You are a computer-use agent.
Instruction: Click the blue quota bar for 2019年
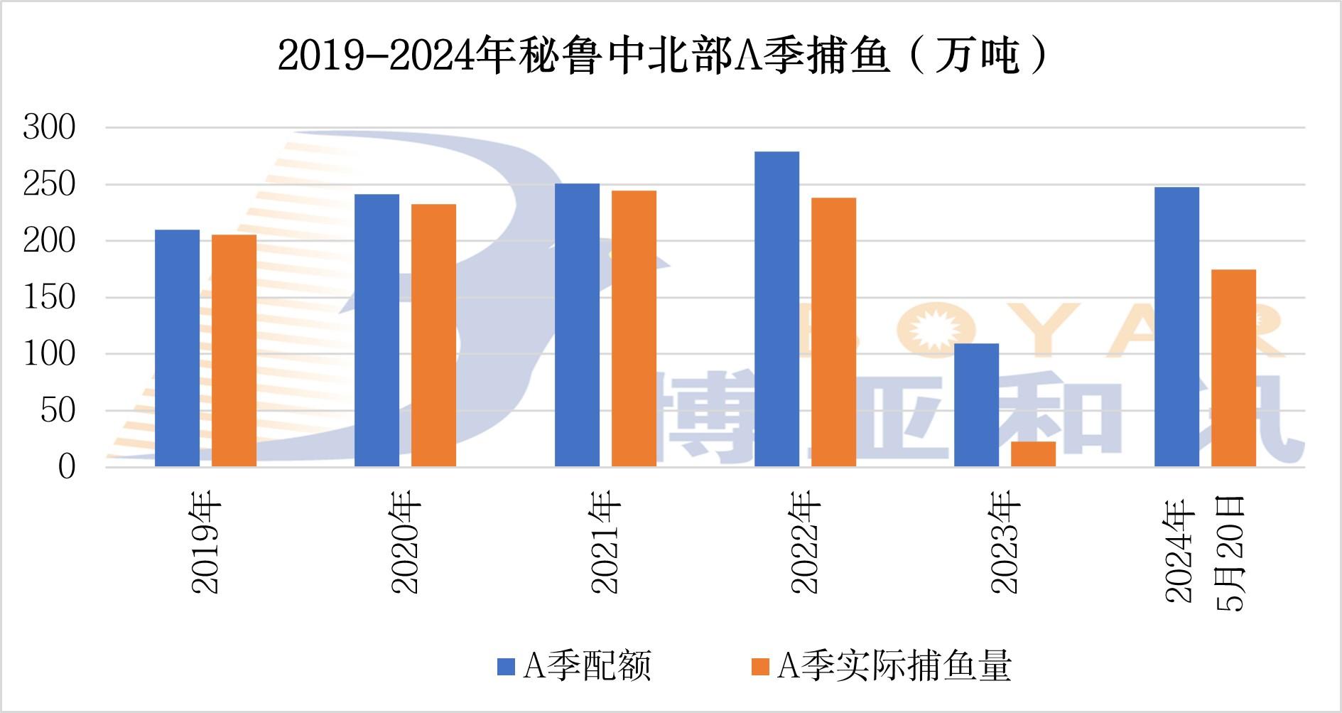pyautogui.click(x=177, y=348)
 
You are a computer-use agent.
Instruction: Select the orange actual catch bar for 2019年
pyautogui.click(x=234, y=350)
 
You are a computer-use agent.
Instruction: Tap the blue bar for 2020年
pyautogui.click(x=377, y=331)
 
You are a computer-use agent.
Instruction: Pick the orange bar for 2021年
pyautogui.click(x=634, y=328)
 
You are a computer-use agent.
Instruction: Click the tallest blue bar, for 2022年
pyautogui.click(x=776, y=309)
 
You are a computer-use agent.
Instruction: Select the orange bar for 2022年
pyautogui.click(x=833, y=332)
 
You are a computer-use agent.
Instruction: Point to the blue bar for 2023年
pyautogui.click(x=976, y=405)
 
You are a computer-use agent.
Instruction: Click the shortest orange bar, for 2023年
pyautogui.click(x=1033, y=454)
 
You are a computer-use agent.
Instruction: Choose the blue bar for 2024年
pyautogui.click(x=1176, y=327)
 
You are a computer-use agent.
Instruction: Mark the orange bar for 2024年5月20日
pyautogui.click(x=1233, y=368)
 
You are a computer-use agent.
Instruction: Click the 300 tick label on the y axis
pyautogui.click(x=49, y=128)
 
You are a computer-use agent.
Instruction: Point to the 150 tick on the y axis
pyautogui.click(x=49, y=297)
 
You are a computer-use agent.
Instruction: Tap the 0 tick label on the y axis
pyautogui.click(x=66, y=467)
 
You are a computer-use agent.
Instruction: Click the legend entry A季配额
pyautogui.click(x=574, y=666)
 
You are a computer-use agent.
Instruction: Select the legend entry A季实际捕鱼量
pyautogui.click(x=881, y=666)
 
